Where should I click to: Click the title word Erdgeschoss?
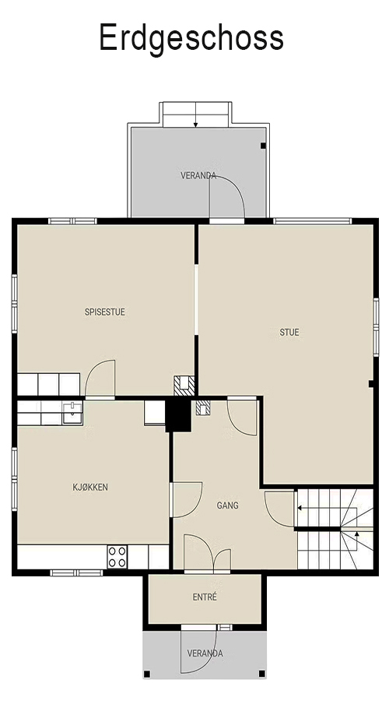191,38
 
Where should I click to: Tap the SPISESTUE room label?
105,312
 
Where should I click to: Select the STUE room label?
289,332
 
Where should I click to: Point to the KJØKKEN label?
90,488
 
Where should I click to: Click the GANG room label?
227,505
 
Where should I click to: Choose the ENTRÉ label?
205,597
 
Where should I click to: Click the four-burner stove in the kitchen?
117,557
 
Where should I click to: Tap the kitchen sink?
72,413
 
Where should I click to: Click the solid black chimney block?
178,414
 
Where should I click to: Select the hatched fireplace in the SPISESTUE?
184,386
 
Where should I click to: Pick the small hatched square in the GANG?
203,407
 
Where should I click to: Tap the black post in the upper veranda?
263,146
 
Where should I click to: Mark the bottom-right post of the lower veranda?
261,674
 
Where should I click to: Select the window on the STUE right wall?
376,327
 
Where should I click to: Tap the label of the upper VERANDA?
198,176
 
